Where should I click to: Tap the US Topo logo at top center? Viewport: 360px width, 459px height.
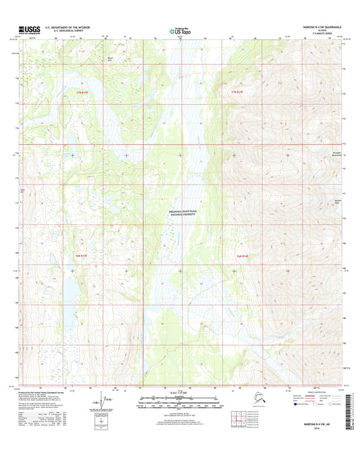180,31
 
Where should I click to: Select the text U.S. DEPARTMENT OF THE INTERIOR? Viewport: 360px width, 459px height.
68,28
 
